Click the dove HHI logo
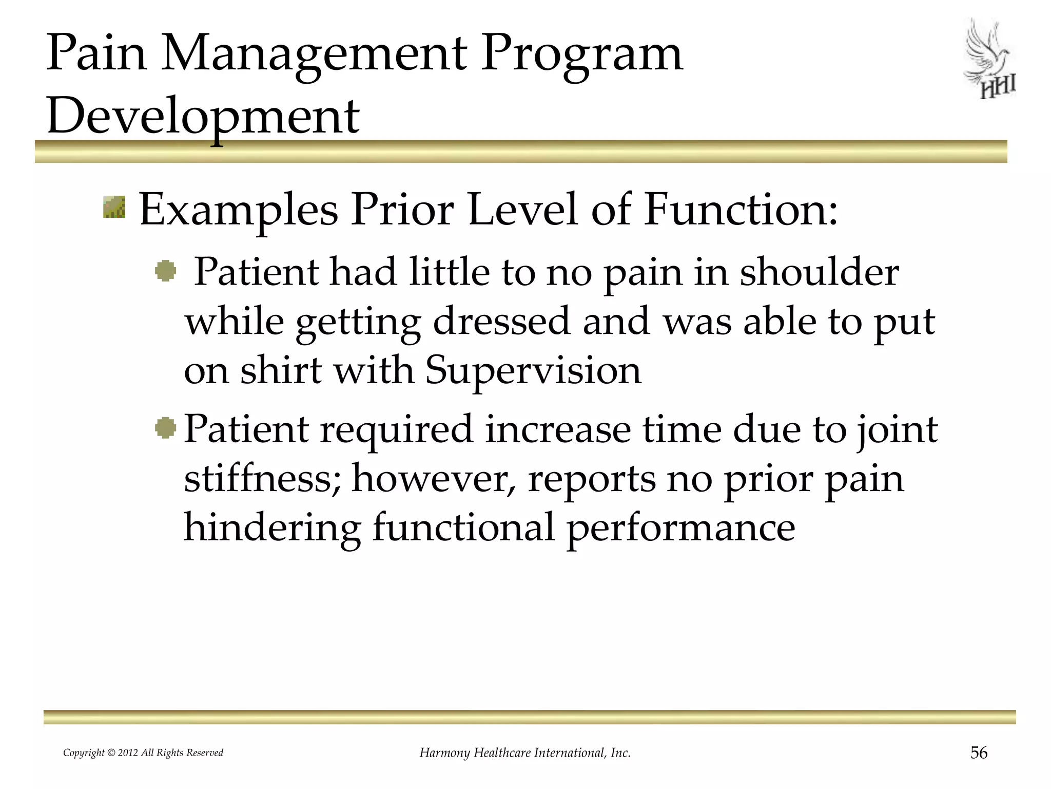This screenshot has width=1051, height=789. pyautogui.click(x=990, y=60)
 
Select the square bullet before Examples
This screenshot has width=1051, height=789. pyautogui.click(x=114, y=206)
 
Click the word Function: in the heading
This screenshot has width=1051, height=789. pyautogui.click(x=741, y=210)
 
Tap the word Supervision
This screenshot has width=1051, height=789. pyautogui.click(x=533, y=370)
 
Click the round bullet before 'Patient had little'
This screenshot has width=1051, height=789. pyautogui.click(x=165, y=271)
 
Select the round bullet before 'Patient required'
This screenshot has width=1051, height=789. pyautogui.click(x=165, y=428)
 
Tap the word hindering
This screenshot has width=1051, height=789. pyautogui.click(x=272, y=528)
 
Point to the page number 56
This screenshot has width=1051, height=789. pyautogui.click(x=979, y=753)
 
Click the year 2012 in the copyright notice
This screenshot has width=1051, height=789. pyautogui.click(x=128, y=753)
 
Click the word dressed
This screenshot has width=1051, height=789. pyautogui.click(x=501, y=322)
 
